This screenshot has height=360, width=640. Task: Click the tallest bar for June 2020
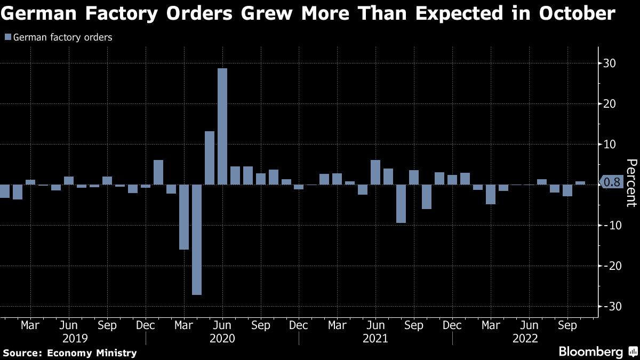(222, 126)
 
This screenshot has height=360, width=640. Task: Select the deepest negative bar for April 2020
(197, 239)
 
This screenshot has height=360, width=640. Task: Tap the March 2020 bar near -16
(184, 217)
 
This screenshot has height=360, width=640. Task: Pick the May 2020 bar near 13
(210, 158)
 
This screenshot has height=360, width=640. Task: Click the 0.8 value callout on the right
(613, 182)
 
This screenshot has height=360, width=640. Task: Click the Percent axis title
(631, 182)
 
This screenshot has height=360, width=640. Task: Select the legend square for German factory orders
(7, 37)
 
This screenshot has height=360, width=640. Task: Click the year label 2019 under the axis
(75, 338)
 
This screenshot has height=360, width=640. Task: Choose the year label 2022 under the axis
(525, 338)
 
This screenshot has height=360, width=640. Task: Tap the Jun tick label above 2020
(222, 325)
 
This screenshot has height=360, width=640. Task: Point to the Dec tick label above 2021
(452, 325)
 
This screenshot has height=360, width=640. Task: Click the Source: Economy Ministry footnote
(70, 353)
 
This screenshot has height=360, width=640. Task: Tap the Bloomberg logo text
(590, 351)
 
